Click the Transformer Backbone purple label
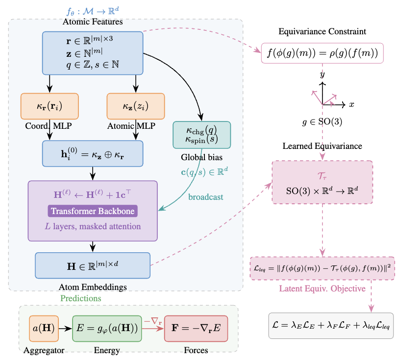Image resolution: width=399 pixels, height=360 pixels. (x=93, y=211)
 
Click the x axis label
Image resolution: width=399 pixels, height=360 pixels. (x=351, y=104)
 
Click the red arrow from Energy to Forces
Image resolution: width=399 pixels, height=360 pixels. (x=153, y=329)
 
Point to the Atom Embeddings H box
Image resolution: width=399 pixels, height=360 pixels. (x=93, y=265)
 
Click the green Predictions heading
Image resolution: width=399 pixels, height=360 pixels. (x=80, y=298)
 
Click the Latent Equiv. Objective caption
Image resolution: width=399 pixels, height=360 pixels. (x=322, y=288)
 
